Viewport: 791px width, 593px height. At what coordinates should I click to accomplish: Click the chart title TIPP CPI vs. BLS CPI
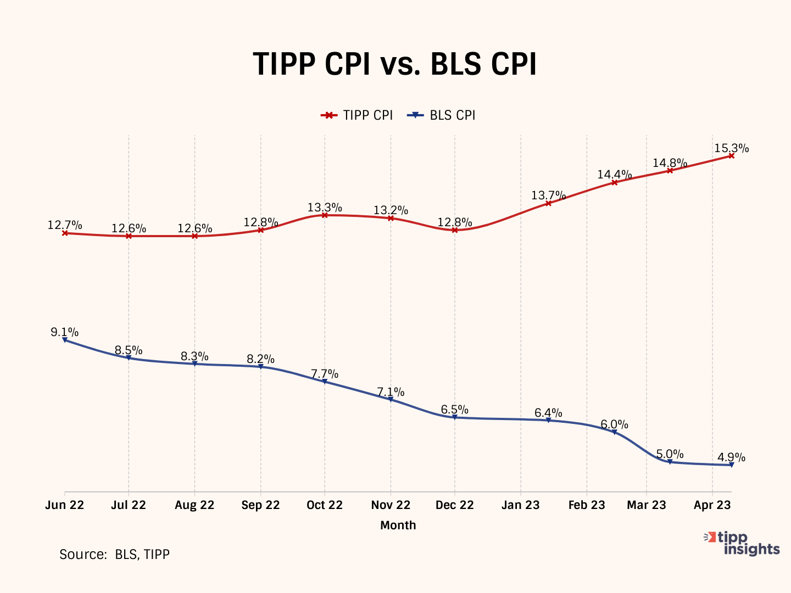(394, 64)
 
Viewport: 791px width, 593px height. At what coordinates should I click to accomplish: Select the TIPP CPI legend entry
(357, 115)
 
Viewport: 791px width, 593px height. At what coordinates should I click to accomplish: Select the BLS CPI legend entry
(441, 115)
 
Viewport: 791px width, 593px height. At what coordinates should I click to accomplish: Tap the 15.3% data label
(731, 148)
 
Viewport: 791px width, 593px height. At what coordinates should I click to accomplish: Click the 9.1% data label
(64, 332)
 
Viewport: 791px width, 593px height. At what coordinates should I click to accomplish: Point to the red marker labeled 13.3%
(325, 215)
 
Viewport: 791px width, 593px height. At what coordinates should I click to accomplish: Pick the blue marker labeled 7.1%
(391, 399)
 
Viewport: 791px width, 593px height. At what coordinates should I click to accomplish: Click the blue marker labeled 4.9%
(731, 465)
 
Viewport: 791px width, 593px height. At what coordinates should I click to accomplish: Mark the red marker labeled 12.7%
(65, 233)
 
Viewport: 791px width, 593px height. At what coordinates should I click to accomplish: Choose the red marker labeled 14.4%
(615, 182)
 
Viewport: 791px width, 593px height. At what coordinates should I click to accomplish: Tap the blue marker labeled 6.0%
(615, 432)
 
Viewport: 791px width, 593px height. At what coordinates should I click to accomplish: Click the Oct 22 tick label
(324, 505)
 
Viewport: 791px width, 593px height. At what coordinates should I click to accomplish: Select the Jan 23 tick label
(520, 505)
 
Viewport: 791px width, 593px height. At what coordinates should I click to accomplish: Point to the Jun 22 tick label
(64, 505)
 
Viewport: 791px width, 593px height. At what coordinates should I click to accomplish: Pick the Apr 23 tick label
(712, 505)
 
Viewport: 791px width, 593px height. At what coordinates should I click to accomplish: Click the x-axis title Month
(398, 525)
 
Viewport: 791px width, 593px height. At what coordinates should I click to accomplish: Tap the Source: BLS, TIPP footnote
(114, 555)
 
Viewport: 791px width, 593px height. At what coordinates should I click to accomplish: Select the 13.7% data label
(548, 195)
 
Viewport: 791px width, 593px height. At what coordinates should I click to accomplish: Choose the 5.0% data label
(670, 454)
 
